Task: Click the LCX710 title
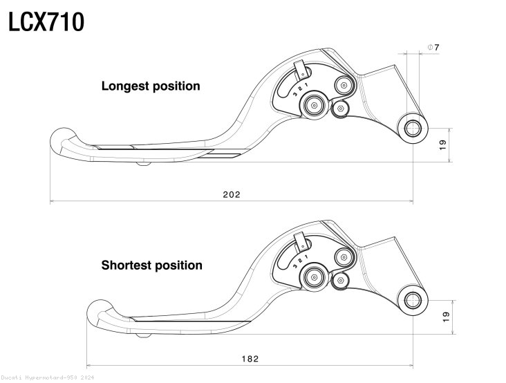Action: tap(46, 22)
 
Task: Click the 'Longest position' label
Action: tap(151, 86)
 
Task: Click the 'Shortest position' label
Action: tap(152, 265)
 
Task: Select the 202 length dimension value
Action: tap(232, 195)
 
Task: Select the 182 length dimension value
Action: tap(250, 358)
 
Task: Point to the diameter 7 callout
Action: tap(433, 47)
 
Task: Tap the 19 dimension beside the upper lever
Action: tap(442, 144)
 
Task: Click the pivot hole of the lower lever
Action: tap(413, 299)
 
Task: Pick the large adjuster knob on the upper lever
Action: tap(315, 105)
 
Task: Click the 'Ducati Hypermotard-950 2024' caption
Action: tap(47, 378)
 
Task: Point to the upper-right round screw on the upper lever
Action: tap(344, 84)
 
